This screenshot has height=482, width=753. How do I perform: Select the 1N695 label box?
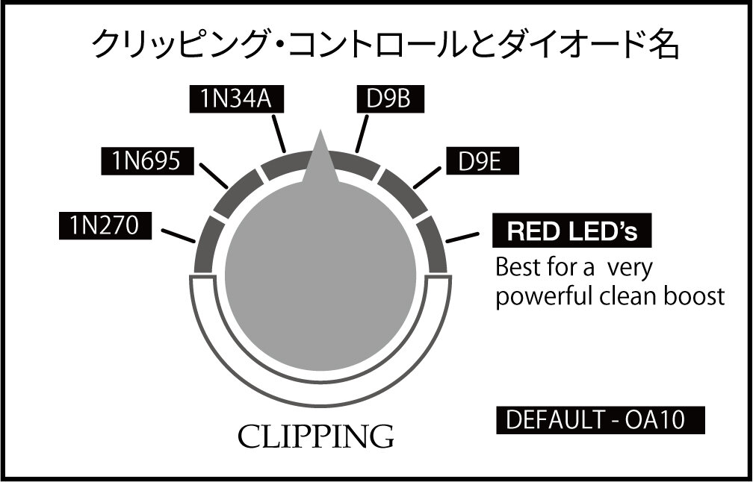click(x=146, y=161)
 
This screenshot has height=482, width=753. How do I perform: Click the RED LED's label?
click(x=572, y=231)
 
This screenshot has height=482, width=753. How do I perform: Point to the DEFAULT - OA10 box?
click(x=601, y=421)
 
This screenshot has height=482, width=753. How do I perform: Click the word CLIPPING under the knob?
click(x=315, y=436)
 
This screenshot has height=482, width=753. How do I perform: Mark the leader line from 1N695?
click(x=216, y=177)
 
